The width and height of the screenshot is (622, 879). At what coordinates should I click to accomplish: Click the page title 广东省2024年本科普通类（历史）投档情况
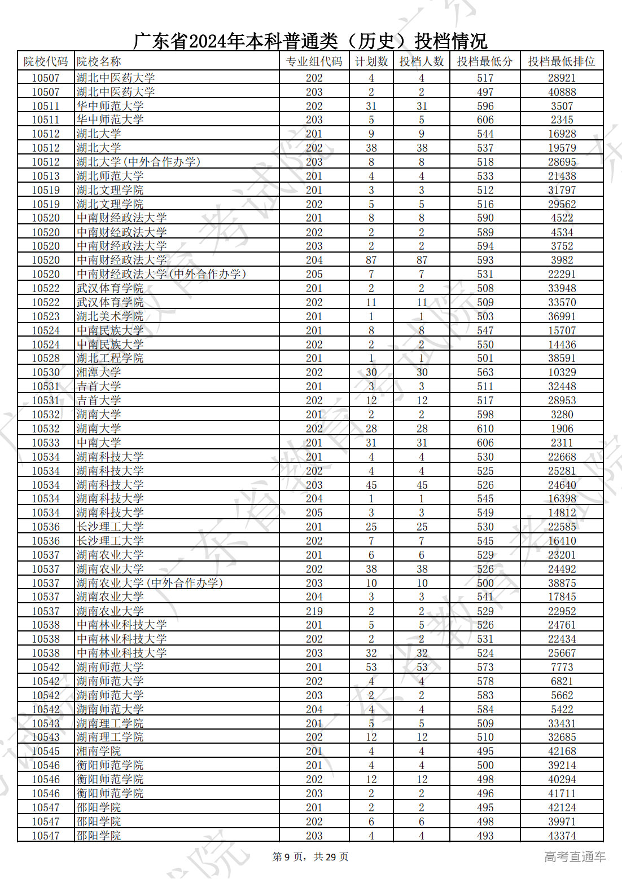[x=310, y=41]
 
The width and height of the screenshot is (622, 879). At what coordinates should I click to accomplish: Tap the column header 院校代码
[x=46, y=61]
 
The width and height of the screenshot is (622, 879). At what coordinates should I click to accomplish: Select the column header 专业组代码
[x=314, y=61]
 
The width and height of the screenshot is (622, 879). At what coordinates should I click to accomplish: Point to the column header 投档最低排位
[x=561, y=61]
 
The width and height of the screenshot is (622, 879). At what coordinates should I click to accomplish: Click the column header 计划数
[x=371, y=61]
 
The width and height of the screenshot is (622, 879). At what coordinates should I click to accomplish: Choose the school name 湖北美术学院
[x=110, y=316]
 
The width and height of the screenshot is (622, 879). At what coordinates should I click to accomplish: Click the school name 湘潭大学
[x=99, y=372]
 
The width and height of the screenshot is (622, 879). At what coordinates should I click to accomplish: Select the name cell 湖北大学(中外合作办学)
[x=138, y=162]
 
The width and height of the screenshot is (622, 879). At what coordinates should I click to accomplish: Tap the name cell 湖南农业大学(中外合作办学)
[x=150, y=583]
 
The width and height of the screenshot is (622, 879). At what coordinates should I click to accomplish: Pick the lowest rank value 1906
[x=562, y=429]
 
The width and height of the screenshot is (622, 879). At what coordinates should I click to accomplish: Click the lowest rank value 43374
[x=562, y=836]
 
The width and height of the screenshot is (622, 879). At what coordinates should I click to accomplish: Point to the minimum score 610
[x=485, y=429]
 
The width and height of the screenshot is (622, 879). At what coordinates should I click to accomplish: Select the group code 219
[x=314, y=611]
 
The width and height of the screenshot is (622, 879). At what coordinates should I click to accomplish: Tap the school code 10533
[x=46, y=443]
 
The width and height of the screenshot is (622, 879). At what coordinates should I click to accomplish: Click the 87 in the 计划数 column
[x=371, y=260]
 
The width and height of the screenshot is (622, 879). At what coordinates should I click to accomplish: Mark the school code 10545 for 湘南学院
[x=46, y=751]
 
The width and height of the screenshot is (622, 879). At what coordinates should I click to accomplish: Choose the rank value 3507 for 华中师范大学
[x=562, y=106]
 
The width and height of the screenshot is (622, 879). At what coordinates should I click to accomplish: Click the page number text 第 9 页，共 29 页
[x=310, y=857]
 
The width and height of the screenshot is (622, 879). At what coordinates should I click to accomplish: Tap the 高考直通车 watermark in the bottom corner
[x=575, y=857]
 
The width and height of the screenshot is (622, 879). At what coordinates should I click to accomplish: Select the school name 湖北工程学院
[x=110, y=358]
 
